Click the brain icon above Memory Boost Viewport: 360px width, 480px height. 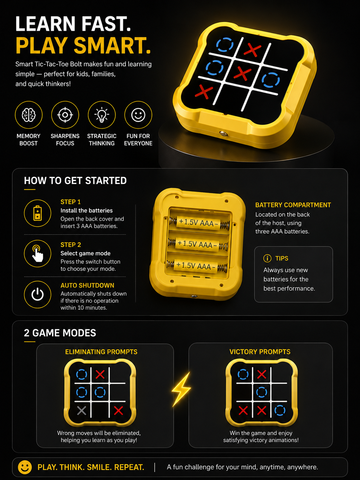tap(29, 115)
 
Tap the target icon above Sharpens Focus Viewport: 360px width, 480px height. tap(65, 115)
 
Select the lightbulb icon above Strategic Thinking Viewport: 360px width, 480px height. tap(102, 115)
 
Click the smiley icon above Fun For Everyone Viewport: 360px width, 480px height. tap(138, 115)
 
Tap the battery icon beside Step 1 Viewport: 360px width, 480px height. tap(37, 213)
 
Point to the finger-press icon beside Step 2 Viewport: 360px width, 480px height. tap(37, 254)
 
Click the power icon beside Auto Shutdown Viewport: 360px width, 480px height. tap(37, 295)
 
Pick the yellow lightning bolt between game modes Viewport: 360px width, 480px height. tap(181, 389)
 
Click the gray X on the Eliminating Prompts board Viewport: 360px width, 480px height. tap(82, 411)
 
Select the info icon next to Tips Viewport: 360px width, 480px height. tap(267, 258)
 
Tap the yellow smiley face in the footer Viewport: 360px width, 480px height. tap(25, 467)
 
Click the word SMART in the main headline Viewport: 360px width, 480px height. tap(112, 45)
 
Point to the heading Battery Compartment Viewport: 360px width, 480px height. tap(293, 205)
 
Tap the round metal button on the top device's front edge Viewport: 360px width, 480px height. tap(223, 133)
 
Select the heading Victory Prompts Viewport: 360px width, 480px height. tap(260, 352)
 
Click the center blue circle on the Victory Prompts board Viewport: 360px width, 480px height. tap(262, 392)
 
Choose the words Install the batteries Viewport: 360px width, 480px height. tap(87, 210)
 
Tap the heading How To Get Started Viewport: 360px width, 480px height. tap(75, 181)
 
